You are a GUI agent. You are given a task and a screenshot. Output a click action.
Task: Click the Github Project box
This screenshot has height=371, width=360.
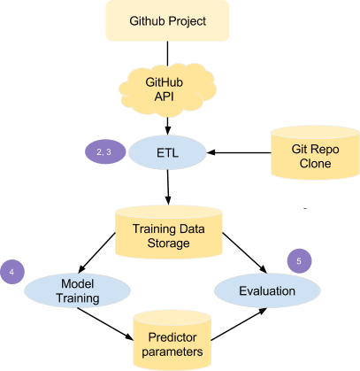coord(167,20)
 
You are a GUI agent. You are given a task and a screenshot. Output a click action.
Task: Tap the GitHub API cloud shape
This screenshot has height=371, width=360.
coord(167,89)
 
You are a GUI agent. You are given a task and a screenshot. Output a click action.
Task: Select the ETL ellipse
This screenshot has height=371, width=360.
coord(167,152)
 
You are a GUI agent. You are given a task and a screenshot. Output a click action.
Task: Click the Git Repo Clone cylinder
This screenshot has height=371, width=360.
coord(315,152)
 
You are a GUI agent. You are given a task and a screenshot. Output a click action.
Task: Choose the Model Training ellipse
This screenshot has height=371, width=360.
coord(77,290)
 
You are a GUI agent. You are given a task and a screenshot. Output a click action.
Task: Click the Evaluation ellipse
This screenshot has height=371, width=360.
coord(267,290)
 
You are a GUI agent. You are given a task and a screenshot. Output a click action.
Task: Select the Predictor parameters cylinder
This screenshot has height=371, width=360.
coord(172,341)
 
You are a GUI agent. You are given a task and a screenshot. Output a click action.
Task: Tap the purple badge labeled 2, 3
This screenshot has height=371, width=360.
coord(105,151)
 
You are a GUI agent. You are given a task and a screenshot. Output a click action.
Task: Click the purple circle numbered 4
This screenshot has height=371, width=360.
coord(12,272)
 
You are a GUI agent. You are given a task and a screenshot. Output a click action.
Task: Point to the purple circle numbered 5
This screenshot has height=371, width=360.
coord(299,261)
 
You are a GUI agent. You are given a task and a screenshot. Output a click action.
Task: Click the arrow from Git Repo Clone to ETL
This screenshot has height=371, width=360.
coord(239,152)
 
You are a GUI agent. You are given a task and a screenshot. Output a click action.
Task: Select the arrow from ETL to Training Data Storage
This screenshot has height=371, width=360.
coord(168,188)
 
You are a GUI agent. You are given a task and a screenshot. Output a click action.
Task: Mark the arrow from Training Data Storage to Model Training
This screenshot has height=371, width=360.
coord(96,253)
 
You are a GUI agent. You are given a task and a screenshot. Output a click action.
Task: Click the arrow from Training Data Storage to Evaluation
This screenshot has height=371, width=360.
coord(244,253)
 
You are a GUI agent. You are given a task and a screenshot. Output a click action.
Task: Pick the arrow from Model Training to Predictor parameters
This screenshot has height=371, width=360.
coord(105,324)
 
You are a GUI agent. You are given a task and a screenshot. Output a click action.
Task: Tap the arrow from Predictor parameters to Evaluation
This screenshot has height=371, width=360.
coord(239,324)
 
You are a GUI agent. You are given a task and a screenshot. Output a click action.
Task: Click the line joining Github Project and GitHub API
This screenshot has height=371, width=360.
coord(167,53)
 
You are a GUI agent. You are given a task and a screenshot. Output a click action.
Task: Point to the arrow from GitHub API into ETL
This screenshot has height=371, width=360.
coord(167,127)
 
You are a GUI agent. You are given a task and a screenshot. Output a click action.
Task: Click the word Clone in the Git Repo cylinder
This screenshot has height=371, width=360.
coord(315,163)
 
